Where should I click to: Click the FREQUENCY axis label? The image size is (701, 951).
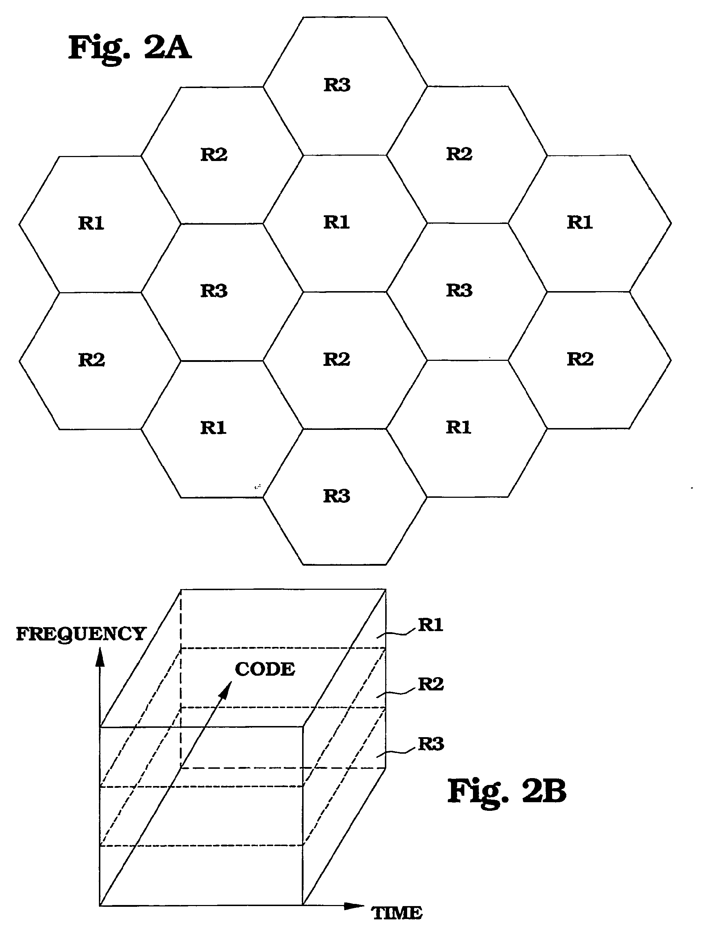coord(81,635)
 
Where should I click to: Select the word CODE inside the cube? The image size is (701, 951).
coord(265,670)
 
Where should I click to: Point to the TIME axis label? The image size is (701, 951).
coord(397,913)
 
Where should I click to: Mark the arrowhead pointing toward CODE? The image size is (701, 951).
coord(227,690)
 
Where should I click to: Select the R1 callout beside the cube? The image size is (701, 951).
coord(431,625)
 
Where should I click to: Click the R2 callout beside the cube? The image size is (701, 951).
coord(431,684)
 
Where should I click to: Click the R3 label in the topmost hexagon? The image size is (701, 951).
coord(337,85)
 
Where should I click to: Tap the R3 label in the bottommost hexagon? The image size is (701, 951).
coord(337,496)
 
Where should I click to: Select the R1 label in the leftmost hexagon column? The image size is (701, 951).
coord(91,223)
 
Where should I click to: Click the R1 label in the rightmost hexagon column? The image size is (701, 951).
coord(580,222)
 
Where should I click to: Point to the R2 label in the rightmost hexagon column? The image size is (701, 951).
coord(580,359)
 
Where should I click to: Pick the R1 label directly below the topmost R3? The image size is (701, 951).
coord(337,222)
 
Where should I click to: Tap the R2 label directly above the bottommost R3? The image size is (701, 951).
coord(337,359)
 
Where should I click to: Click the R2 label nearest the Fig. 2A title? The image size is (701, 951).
coord(214,154)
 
